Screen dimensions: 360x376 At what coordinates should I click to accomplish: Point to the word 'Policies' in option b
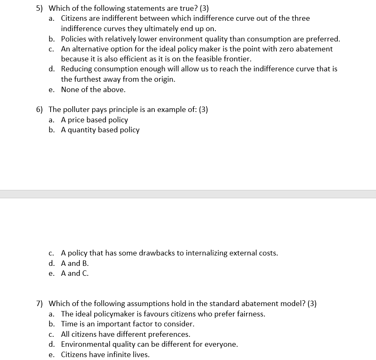point(75,39)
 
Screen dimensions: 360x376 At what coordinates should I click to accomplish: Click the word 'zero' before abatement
point(286,49)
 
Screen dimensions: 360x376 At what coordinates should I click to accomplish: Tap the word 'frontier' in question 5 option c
point(237,59)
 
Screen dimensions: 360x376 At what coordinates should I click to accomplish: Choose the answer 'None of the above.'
point(93,90)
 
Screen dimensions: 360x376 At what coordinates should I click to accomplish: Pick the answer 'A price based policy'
point(94,120)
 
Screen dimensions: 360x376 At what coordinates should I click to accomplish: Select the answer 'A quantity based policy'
point(100,130)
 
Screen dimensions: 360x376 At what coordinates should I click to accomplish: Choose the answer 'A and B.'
point(75,263)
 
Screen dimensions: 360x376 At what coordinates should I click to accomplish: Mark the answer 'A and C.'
point(75,273)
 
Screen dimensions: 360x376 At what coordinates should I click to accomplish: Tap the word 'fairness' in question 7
point(250,314)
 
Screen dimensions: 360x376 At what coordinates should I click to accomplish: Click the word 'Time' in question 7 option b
point(69,324)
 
